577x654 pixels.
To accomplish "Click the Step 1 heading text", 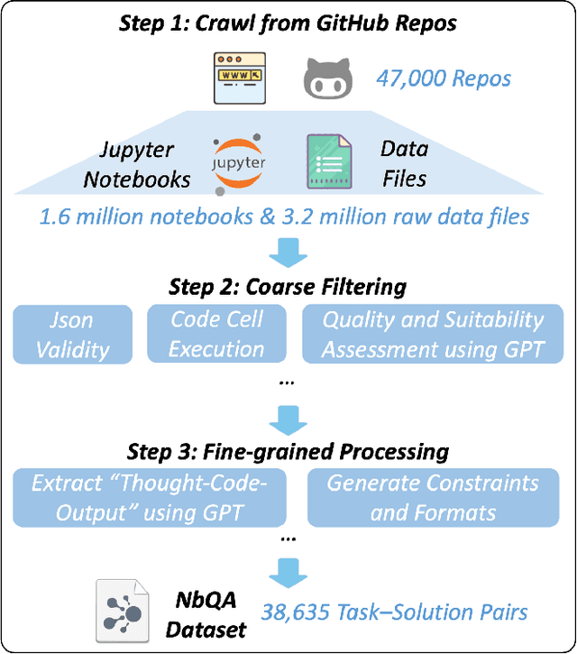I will [288, 22].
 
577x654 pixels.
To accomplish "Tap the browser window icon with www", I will [234, 78].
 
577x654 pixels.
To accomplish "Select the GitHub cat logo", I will [325, 78].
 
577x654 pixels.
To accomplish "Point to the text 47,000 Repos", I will [444, 78].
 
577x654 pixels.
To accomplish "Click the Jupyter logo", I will [238, 162].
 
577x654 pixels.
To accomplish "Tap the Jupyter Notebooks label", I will [137, 163].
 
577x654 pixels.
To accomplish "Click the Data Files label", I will [404, 163].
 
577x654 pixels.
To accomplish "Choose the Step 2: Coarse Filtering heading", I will [288, 288].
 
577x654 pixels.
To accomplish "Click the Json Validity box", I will [72, 334].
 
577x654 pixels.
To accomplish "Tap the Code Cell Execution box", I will [216, 334].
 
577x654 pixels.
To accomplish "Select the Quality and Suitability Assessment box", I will [434, 334].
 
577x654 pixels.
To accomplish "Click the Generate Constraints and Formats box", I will [432, 497].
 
